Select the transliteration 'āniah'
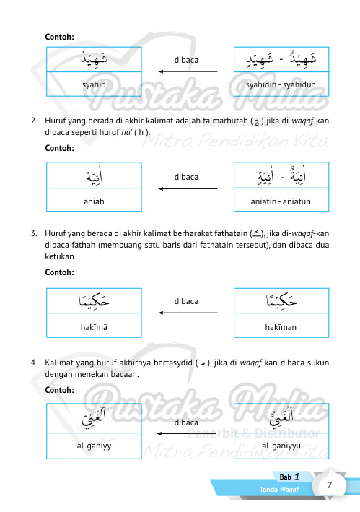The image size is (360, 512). coord(95,201)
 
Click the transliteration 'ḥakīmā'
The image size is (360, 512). coord(95,326)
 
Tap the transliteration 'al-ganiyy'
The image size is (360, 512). coord(95,446)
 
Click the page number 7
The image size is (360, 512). coord(329,486)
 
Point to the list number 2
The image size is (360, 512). coord(34,120)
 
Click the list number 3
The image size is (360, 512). coord(34,234)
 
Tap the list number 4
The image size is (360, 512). coord(34,359)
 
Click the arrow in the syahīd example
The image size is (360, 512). coord(188,71)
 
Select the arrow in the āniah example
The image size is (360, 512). coord(188,188)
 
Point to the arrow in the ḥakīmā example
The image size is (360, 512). coord(188,313)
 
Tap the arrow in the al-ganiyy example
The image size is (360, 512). coord(188,433)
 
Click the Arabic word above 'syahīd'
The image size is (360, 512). coord(95,59)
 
